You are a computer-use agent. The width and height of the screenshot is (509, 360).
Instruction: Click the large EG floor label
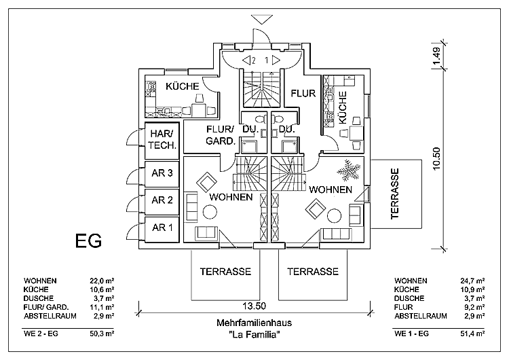coord(88,240)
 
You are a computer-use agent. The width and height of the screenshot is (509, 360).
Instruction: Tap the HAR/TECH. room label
coord(163,140)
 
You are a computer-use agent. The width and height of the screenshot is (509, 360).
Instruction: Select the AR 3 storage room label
coord(163,173)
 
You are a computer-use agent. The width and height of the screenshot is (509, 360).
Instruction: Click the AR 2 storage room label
coord(163,200)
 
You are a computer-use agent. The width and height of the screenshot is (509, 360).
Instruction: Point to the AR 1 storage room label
coord(163,227)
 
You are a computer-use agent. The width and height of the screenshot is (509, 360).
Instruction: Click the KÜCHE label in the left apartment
coord(182,86)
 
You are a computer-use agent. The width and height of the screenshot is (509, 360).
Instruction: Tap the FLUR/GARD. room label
coord(220,136)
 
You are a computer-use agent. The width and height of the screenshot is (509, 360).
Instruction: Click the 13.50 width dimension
coord(255,305)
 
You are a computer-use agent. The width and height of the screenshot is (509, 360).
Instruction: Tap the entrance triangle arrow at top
coord(260,19)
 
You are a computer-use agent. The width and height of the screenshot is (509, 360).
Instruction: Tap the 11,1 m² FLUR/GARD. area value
coord(102,307)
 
